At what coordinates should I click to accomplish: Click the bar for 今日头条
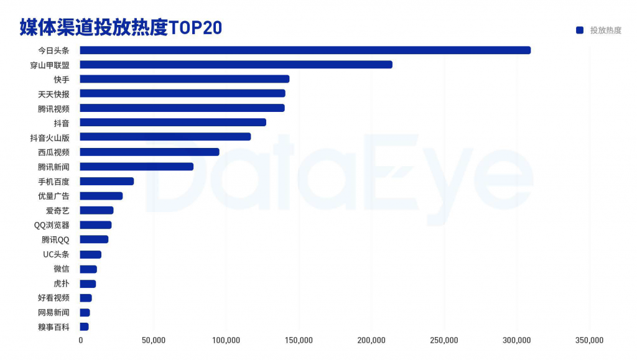tap(305, 50)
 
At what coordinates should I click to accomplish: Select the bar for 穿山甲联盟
tap(236, 65)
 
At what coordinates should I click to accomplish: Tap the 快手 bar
tap(184, 79)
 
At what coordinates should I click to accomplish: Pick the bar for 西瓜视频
tap(149, 152)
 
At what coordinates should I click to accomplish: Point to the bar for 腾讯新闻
tap(136, 167)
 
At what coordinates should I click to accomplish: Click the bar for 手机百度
tap(106, 182)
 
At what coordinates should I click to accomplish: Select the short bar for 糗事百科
tap(84, 327)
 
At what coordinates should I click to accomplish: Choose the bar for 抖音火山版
tap(165, 137)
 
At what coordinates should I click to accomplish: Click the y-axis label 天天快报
tap(53, 94)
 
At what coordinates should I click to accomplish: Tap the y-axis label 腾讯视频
tap(53, 108)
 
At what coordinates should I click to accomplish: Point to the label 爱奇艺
tap(57, 211)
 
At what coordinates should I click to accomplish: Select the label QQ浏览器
tap(52, 225)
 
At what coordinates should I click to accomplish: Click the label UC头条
tap(56, 254)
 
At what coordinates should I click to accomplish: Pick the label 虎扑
tap(61, 284)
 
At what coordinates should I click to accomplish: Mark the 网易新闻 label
tap(53, 312)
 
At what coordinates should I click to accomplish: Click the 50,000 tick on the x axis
tap(153, 340)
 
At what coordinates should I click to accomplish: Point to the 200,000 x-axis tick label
tap(371, 340)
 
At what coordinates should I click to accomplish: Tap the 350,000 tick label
tap(589, 340)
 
